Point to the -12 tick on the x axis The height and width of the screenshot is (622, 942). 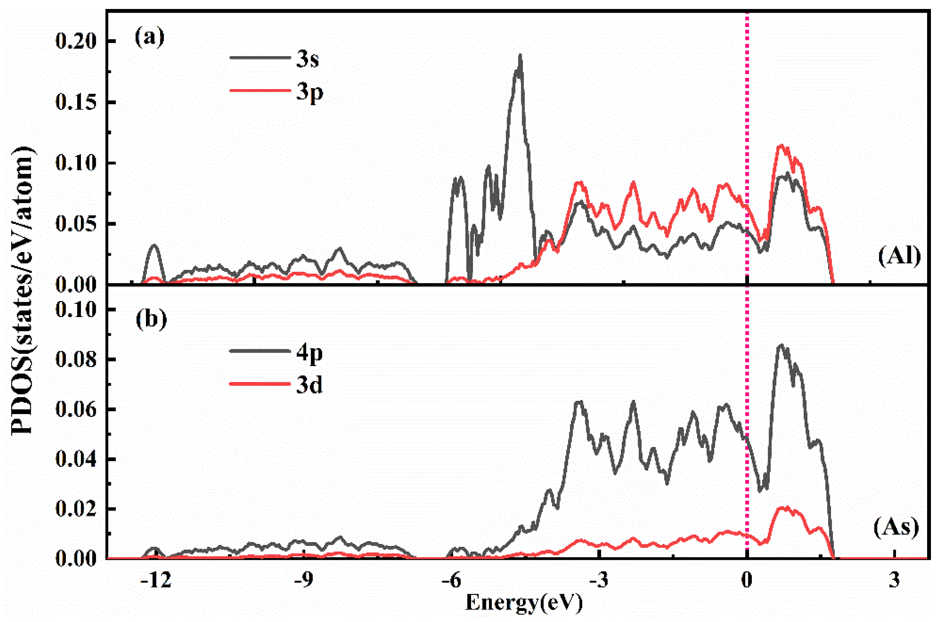click(x=156, y=581)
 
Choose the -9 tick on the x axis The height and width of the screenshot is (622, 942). click(x=304, y=581)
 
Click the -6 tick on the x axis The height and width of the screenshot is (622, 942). click(x=451, y=581)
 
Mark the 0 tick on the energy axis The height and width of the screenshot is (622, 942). click(x=747, y=581)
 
